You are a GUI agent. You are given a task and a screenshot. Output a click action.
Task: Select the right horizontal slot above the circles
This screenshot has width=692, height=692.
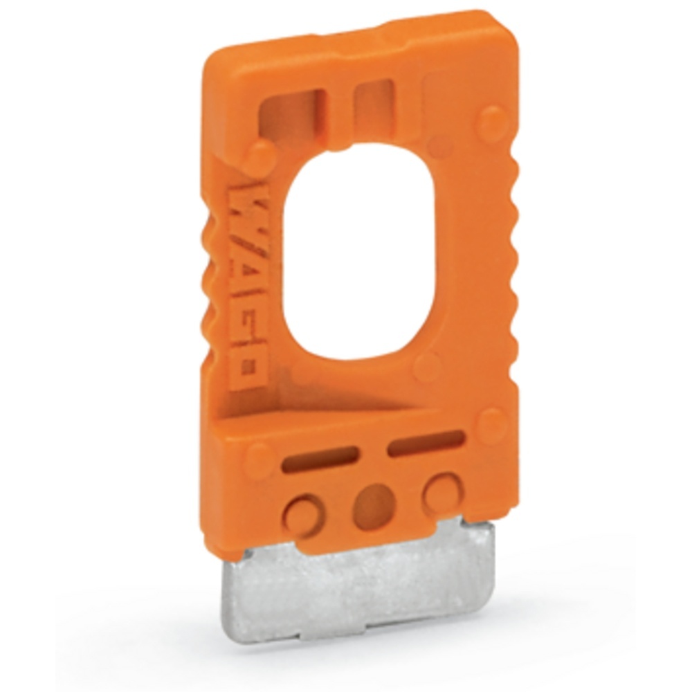pyautogui.click(x=426, y=443)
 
